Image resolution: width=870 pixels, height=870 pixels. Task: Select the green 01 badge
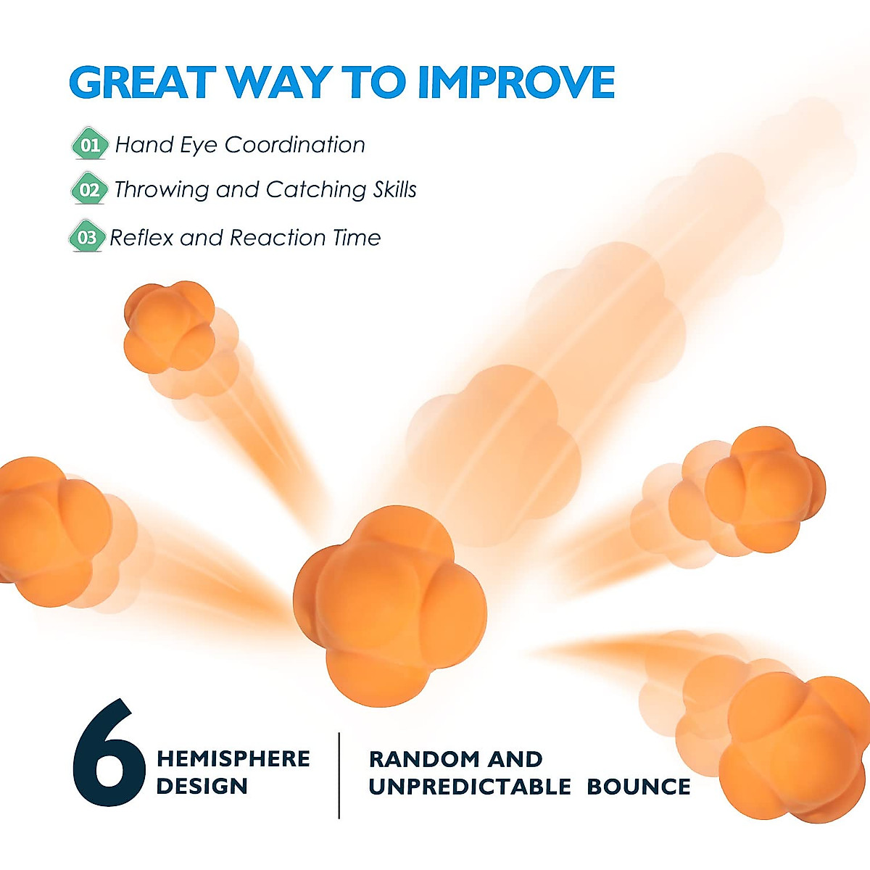(89, 144)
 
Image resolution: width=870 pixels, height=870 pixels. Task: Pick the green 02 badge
(89, 190)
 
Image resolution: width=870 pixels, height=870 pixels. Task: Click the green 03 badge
(86, 237)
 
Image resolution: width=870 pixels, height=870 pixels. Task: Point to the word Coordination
(294, 145)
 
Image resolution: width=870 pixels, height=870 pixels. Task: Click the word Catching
(315, 190)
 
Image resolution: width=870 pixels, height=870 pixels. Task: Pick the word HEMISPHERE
(233, 759)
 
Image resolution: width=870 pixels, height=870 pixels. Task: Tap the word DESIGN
(202, 786)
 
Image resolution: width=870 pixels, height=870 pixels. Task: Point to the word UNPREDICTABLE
(469, 787)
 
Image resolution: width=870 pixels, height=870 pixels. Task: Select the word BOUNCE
(638, 787)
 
